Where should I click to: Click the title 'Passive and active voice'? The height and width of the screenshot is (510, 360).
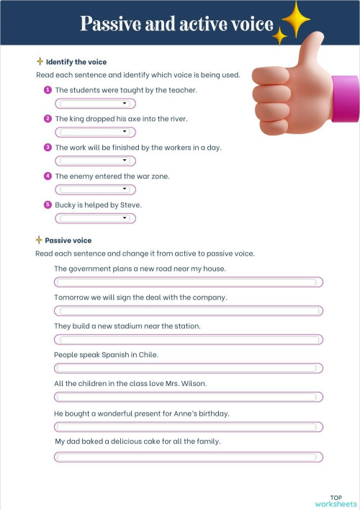coord(176,24)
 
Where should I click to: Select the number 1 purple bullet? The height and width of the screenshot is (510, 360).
coord(48,89)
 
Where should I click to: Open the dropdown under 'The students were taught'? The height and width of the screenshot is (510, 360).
coord(96,103)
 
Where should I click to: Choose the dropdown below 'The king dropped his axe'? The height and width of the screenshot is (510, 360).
coord(96,132)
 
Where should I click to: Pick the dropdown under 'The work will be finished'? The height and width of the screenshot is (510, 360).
coord(96,161)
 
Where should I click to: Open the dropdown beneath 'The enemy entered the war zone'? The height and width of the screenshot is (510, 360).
coord(96,189)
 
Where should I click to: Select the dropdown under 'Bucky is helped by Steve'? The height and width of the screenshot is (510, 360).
coord(96,218)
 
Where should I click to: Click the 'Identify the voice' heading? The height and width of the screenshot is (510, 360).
coord(76,62)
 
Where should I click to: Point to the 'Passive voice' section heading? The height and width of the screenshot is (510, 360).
coord(68,240)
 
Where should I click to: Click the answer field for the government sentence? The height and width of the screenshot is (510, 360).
coord(189,282)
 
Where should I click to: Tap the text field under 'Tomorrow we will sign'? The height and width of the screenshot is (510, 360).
coord(189,311)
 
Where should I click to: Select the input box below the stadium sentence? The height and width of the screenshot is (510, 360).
coord(189,339)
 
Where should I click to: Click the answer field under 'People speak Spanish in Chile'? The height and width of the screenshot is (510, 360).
coord(189,368)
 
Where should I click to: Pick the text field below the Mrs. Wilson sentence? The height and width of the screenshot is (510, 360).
coord(189,397)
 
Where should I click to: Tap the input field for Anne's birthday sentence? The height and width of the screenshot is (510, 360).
coord(189,427)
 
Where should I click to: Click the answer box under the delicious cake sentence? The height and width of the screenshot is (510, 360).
coord(189,457)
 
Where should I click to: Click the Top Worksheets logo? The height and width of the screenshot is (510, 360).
coord(336,501)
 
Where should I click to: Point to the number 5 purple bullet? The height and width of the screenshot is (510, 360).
coord(48,205)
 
